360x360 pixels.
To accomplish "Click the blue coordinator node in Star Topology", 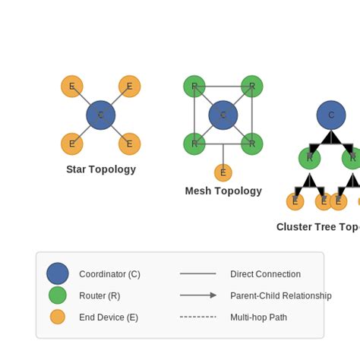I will (100, 115).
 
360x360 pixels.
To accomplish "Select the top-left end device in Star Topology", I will (72, 87).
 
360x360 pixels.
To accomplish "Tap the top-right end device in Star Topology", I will (129, 87).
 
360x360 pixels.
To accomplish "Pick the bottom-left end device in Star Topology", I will (72, 144).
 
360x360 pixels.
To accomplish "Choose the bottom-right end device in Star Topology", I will (129, 144).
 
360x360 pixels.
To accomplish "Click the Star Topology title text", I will (101, 169).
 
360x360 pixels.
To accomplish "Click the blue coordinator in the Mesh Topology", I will (223, 115).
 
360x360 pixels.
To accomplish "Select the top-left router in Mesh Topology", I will (194, 87).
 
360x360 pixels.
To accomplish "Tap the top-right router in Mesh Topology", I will (252, 87).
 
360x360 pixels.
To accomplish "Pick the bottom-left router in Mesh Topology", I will (194, 144).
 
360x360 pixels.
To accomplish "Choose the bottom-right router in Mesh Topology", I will (252, 144).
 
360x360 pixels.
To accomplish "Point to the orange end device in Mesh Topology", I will (223, 172).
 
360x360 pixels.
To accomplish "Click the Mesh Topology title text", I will (223, 191).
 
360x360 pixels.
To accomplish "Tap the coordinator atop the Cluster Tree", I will (331, 115).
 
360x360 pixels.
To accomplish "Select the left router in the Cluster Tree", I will (309, 159).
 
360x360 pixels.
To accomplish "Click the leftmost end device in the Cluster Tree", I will (295, 201).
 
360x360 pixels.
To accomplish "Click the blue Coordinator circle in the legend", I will (58, 274).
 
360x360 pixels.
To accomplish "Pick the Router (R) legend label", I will (99, 295).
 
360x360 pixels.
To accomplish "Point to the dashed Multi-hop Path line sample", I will (198, 317).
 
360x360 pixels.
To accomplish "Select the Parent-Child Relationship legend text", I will (281, 295).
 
